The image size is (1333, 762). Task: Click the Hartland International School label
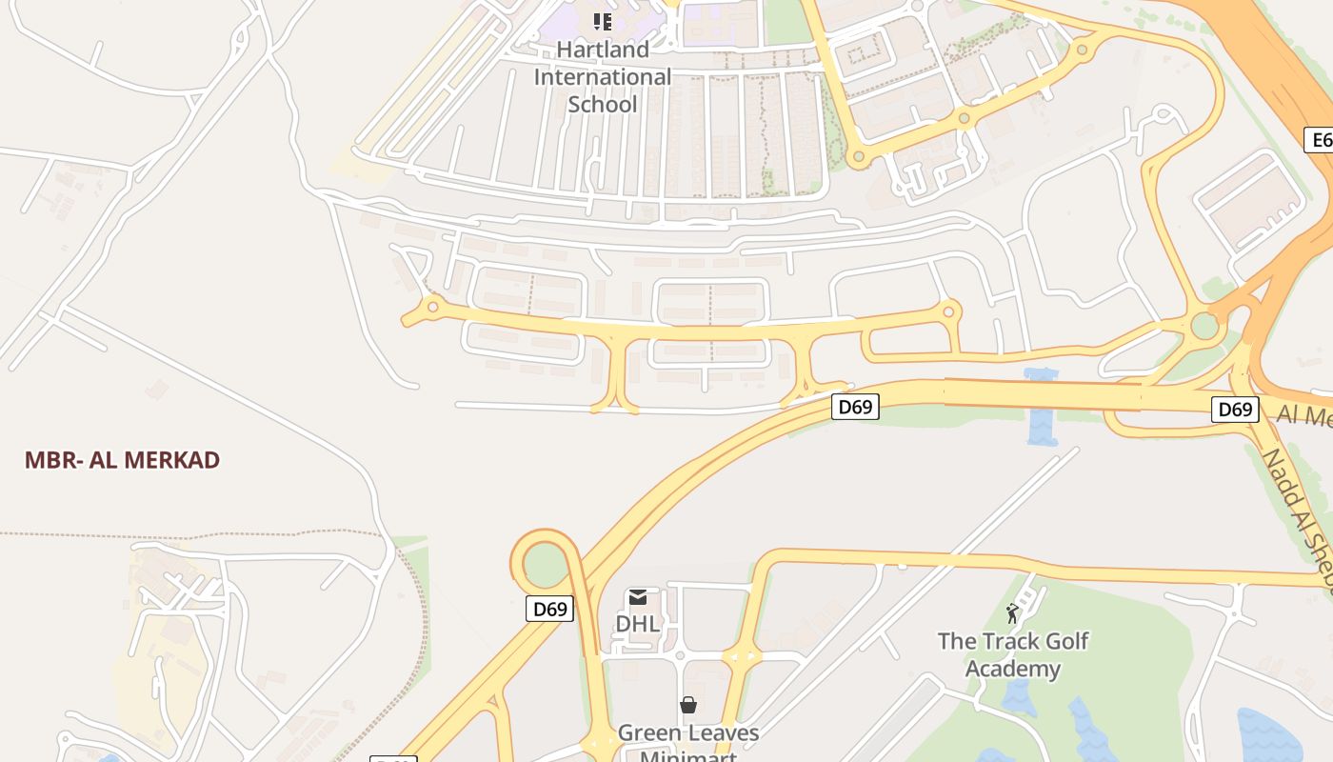(602, 76)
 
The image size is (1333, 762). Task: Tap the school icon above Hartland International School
(602, 20)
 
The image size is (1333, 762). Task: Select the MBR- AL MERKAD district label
(122, 460)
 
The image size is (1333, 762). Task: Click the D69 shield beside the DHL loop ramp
(550, 609)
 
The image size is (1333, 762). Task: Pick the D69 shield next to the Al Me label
(1235, 410)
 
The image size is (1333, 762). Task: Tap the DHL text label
(637, 624)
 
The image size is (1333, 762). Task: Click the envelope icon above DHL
(638, 597)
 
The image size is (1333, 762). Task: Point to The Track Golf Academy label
(1012, 654)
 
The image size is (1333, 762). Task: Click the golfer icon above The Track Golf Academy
(1012, 613)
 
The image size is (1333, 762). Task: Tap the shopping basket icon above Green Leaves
(687, 705)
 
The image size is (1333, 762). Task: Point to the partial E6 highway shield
(1320, 140)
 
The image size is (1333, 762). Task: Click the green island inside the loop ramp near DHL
(546, 565)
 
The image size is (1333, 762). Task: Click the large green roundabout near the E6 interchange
(1204, 326)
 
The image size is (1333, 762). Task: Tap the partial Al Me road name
(1303, 415)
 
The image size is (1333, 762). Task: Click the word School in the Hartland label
(602, 104)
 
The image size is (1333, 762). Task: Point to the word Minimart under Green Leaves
(687, 755)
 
